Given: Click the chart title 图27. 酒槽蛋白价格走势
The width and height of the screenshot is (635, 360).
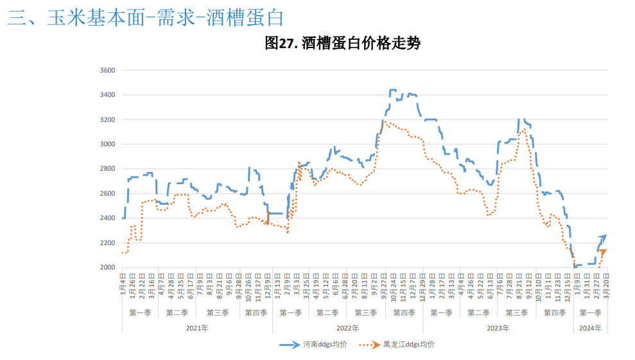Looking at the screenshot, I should tap(342, 44).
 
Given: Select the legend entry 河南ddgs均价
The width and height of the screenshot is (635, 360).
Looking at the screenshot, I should tap(325, 345).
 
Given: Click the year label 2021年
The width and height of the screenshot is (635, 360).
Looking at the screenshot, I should tap(196, 328).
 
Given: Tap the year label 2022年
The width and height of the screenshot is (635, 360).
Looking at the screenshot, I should tap(347, 328).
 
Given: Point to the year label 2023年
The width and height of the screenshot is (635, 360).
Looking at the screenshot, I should tap(498, 328).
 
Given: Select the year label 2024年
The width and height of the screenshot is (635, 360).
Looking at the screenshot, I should tap(590, 328).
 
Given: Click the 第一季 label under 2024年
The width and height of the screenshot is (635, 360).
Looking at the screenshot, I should tap(590, 313).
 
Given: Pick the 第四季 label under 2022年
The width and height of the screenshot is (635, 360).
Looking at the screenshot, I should tap(404, 313).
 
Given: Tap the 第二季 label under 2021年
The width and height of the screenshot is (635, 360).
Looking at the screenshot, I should tap(177, 313).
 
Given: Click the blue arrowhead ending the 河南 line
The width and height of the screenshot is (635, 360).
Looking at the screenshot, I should tap(603, 237).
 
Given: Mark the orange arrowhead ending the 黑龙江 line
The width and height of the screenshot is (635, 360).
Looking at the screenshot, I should tap(603, 252).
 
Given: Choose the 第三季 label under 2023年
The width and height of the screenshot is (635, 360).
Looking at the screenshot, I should tap(517, 313).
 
